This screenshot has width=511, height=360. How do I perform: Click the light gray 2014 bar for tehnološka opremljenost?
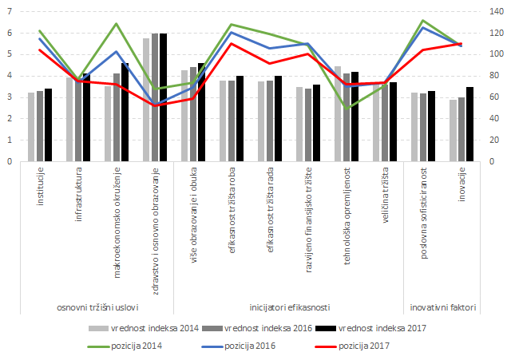point(338,113)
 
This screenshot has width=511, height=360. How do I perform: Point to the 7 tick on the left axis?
point(10,12)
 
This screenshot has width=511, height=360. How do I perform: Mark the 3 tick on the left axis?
point(10,97)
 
